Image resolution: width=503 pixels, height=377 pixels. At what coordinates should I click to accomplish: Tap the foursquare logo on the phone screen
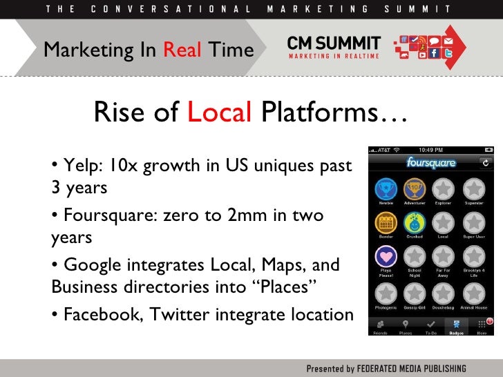[x=431, y=163]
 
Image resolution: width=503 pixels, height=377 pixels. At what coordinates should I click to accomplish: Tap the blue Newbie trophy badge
[x=386, y=188]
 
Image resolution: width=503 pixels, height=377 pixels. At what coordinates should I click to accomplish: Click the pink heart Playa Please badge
[x=386, y=257]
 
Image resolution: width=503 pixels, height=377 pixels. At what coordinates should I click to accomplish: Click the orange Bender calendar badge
[x=386, y=222]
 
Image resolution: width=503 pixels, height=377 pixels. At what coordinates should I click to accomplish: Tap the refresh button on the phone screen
[x=485, y=163]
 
